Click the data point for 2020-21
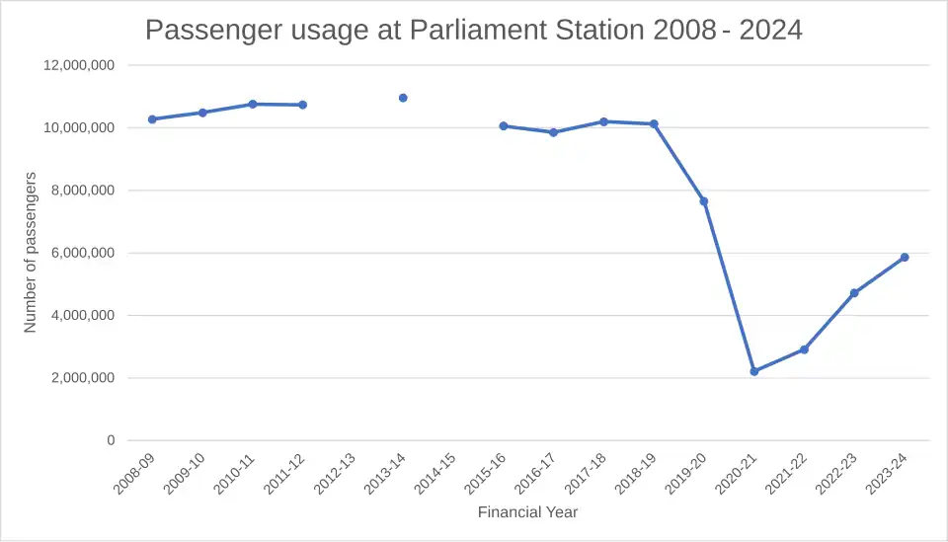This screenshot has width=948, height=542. point(754,371)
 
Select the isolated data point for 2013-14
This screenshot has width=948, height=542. point(403,98)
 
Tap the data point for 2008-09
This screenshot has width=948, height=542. point(152,119)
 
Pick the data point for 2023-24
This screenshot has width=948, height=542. point(905,258)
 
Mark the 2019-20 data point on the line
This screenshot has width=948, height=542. point(704,201)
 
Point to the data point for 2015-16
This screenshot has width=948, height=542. point(504,126)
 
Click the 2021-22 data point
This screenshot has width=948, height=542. point(805,349)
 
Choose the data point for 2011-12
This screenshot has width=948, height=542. point(303,105)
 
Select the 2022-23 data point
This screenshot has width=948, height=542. point(854,293)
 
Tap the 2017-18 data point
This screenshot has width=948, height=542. point(603,121)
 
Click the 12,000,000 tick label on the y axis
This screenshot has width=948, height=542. point(80,65)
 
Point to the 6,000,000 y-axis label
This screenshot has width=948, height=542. point(84,253)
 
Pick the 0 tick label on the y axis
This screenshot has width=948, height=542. point(111,440)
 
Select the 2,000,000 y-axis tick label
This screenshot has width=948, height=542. point(84,378)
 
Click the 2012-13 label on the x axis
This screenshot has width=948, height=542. point(335,474)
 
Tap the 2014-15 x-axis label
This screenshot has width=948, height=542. point(435,474)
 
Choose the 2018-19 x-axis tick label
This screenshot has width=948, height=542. point(636,474)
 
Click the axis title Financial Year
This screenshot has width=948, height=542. point(527,512)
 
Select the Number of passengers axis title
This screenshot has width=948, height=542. point(31,252)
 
